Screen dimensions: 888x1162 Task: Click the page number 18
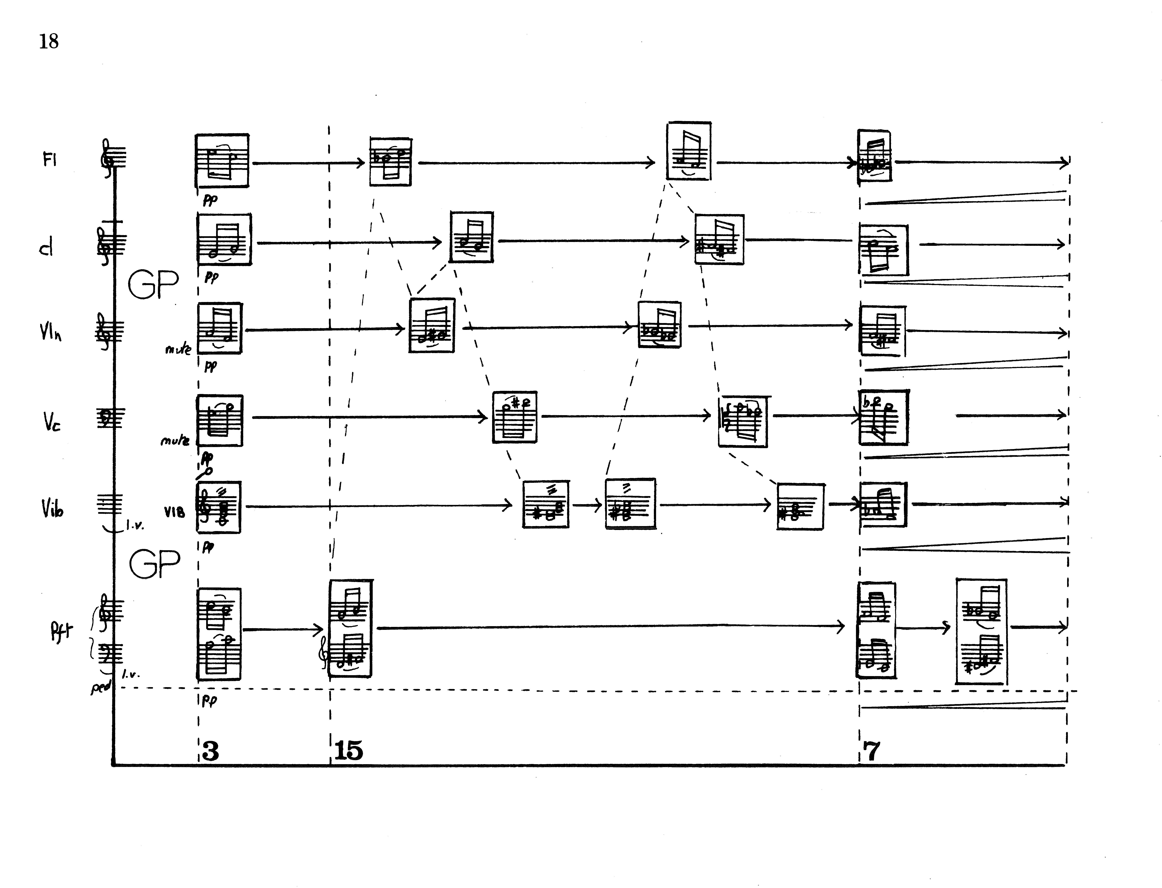49,41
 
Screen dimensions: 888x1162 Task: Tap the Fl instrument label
49,159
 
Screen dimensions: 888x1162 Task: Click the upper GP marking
153,284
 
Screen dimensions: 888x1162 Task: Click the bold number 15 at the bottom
349,751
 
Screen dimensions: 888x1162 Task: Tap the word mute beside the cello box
175,439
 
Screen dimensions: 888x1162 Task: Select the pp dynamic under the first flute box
210,200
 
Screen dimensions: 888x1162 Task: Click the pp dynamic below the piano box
209,701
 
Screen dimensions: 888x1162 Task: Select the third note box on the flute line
689,151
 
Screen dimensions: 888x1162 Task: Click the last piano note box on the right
981,632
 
